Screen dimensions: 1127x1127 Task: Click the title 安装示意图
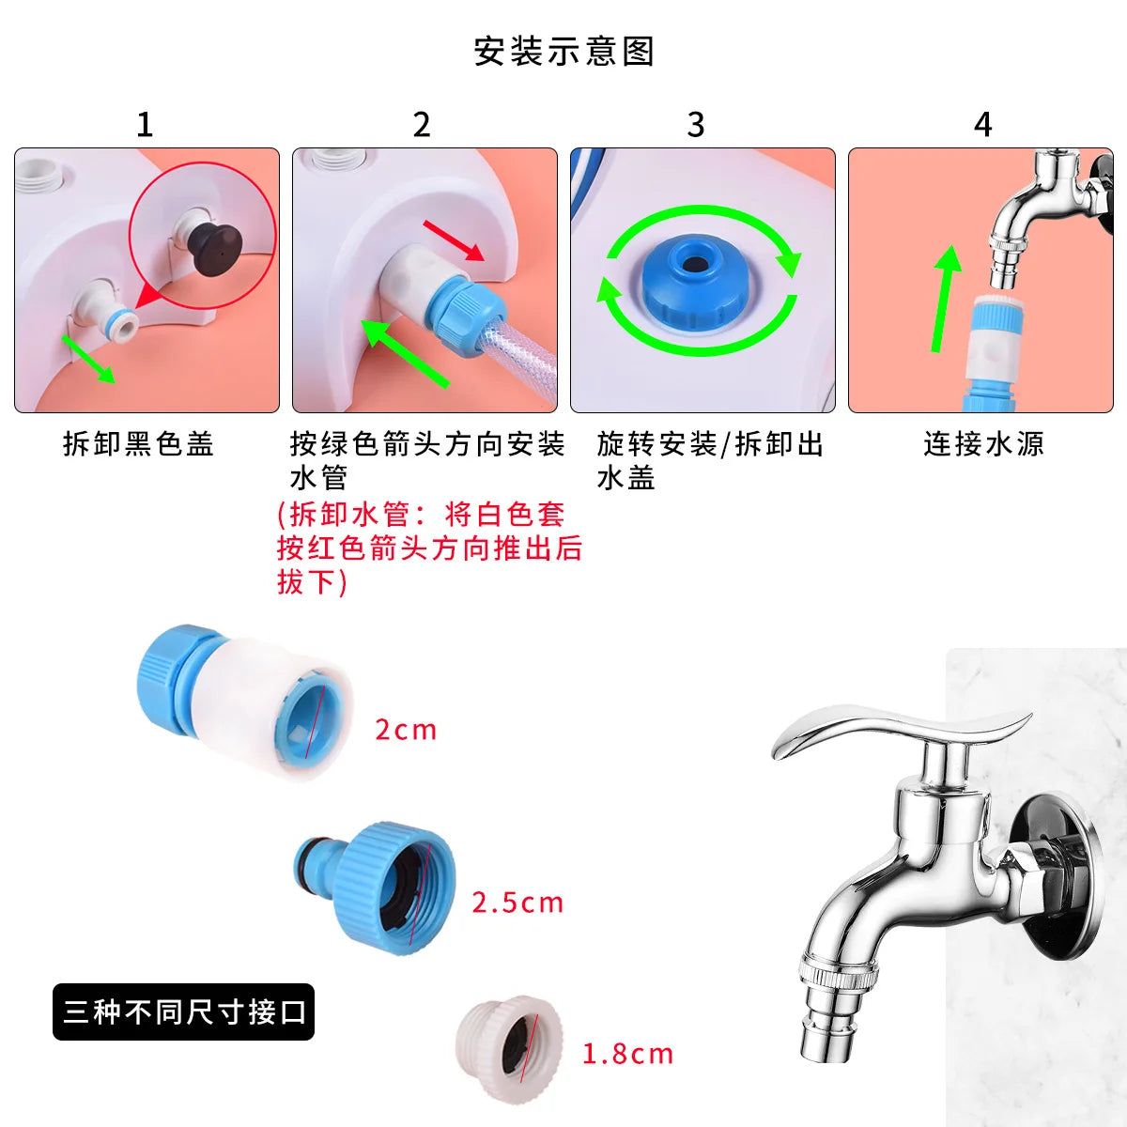tap(563, 52)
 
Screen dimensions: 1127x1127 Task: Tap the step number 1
tap(144, 124)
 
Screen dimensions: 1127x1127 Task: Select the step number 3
tap(695, 124)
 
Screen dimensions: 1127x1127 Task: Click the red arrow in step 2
tap(453, 240)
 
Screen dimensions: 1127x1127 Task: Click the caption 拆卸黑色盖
tap(139, 443)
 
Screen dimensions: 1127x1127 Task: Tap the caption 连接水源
tap(983, 443)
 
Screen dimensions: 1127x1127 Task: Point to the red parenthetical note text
tap(429, 548)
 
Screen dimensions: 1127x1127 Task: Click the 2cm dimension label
tap(406, 730)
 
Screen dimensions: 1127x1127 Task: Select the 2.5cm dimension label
tap(517, 903)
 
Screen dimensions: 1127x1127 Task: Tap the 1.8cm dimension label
tap(627, 1054)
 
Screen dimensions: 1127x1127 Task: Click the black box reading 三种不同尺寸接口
tap(183, 1011)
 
